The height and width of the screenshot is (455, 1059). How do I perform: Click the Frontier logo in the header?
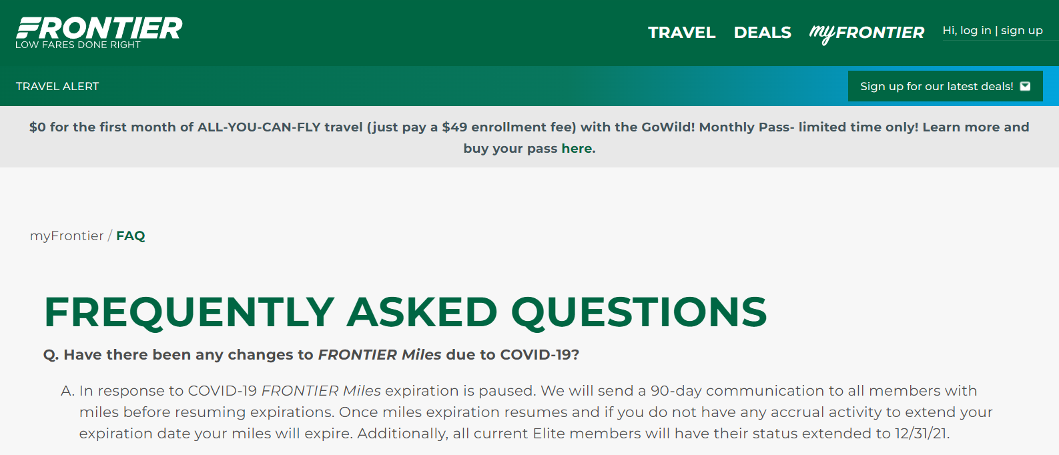pyautogui.click(x=99, y=28)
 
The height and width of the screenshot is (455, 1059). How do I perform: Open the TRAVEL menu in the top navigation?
pyautogui.click(x=681, y=33)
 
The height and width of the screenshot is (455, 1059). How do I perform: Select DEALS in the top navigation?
pyautogui.click(x=762, y=33)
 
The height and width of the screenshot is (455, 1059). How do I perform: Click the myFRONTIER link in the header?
pyautogui.click(x=866, y=33)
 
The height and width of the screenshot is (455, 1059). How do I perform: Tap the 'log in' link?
pyautogui.click(x=976, y=31)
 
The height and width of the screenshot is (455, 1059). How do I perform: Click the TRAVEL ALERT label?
pyautogui.click(x=57, y=86)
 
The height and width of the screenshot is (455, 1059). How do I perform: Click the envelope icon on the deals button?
pyautogui.click(x=1026, y=86)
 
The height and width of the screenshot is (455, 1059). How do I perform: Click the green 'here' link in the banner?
pyautogui.click(x=577, y=148)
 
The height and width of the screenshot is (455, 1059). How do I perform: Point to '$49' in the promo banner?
pyautogui.click(x=454, y=127)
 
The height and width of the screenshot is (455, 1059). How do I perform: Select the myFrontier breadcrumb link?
pyautogui.click(x=67, y=236)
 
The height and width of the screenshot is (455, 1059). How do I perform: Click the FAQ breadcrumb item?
pyautogui.click(x=131, y=236)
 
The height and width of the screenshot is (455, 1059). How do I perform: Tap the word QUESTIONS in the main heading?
pyautogui.click(x=639, y=312)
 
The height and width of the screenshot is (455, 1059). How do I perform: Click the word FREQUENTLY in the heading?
pyautogui.click(x=189, y=312)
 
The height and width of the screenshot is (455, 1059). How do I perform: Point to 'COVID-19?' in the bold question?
pyautogui.click(x=539, y=354)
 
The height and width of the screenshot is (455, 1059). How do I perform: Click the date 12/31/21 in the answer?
pyautogui.click(x=921, y=433)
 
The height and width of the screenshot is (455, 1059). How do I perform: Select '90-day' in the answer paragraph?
pyautogui.click(x=676, y=390)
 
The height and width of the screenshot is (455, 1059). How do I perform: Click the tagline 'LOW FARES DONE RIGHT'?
pyautogui.click(x=78, y=45)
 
